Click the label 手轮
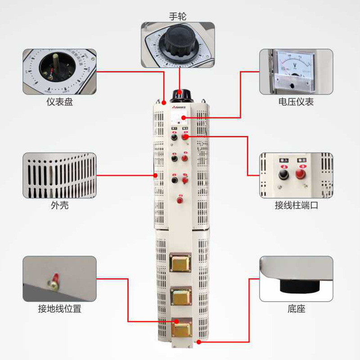click(x=177, y=17)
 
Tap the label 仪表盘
click(x=59, y=102)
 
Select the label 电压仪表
click(x=296, y=102)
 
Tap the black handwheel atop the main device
click(x=180, y=94)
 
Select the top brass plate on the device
click(x=180, y=263)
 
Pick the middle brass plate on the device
click(x=180, y=297)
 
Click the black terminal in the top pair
click(x=174, y=137)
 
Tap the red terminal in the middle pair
click(x=184, y=158)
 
